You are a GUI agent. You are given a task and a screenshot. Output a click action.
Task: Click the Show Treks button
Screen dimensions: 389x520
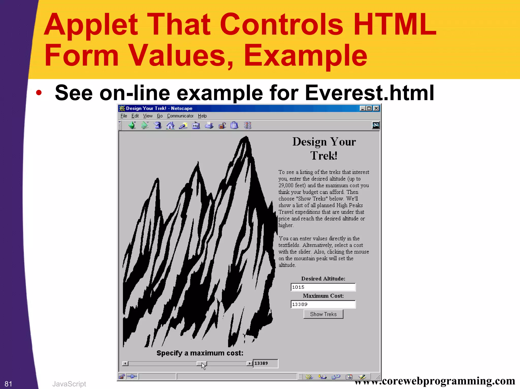(x=323, y=314)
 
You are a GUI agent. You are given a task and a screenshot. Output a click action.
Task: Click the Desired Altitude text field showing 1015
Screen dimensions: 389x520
(x=323, y=287)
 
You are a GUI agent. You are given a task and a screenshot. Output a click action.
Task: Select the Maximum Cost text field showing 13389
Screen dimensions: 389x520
(x=323, y=304)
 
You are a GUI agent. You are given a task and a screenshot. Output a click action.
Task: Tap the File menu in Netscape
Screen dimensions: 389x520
(x=124, y=116)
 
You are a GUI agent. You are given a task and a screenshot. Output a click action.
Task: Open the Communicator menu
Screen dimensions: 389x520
(x=180, y=116)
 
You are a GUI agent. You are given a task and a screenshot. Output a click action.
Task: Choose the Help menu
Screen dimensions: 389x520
(x=202, y=116)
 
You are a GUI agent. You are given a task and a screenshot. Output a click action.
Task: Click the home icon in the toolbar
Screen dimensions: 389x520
(x=170, y=125)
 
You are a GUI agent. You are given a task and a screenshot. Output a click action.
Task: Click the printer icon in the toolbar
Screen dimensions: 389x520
(x=209, y=125)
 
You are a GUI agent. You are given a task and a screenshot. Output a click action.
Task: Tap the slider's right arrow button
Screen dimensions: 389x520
(x=250, y=363)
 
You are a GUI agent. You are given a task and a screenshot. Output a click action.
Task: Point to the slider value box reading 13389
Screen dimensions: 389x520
(x=265, y=363)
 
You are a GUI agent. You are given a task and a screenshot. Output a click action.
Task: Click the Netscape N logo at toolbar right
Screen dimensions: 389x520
(x=376, y=125)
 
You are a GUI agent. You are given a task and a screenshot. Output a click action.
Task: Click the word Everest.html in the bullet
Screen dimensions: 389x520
(x=369, y=93)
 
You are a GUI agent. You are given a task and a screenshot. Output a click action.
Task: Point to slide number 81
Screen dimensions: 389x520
(x=8, y=384)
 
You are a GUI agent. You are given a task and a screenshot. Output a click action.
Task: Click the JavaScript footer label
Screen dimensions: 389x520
(x=69, y=384)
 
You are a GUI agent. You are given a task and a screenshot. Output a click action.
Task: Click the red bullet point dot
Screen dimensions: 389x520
(x=39, y=93)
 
